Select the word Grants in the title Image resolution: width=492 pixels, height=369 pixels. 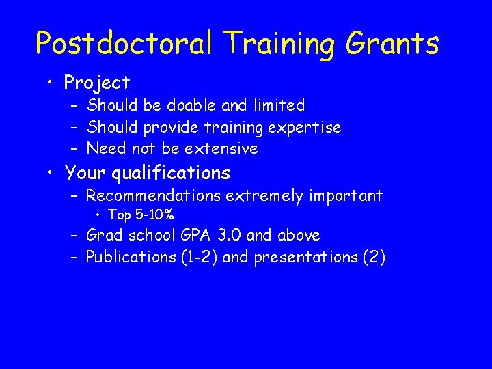click(393, 44)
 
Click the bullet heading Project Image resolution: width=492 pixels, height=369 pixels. click(96, 83)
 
